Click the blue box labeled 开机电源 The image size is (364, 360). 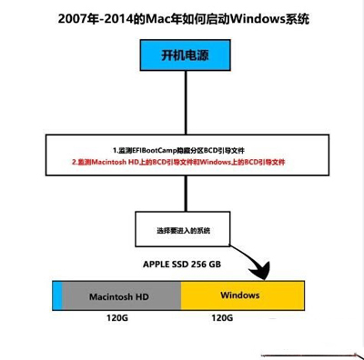[x=182, y=56]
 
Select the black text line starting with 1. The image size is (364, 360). [x=182, y=149]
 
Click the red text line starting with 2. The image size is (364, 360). [x=182, y=162]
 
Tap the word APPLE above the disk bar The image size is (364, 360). [x=157, y=266]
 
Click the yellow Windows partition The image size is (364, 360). [x=241, y=296]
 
